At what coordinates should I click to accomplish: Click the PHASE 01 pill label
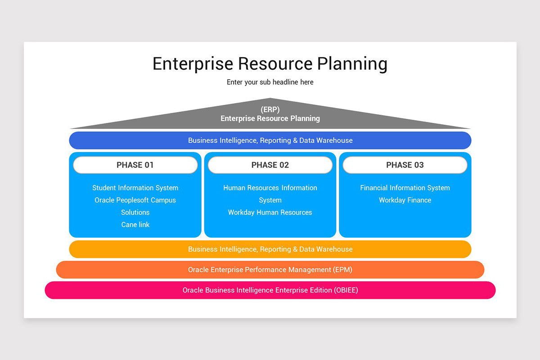[135, 165]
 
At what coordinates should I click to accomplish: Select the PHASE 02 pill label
[270, 165]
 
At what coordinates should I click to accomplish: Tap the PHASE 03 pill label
[405, 165]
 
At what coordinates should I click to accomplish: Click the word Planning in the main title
[352, 64]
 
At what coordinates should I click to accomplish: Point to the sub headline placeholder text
[270, 82]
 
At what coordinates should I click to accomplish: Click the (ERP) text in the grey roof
[270, 110]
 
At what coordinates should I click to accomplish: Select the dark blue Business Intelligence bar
[270, 140]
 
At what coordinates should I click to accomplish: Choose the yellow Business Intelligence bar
[270, 249]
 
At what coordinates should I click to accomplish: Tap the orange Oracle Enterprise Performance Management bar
[270, 270]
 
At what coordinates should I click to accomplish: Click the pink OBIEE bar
[270, 290]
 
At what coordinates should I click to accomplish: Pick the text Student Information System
[135, 188]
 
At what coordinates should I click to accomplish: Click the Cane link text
[135, 225]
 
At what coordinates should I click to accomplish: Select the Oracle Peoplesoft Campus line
[135, 200]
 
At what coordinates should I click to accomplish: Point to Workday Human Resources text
[270, 212]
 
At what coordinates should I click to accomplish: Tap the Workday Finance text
[405, 200]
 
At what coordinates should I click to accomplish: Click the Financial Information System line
[405, 188]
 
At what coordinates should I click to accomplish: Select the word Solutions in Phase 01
[135, 212]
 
